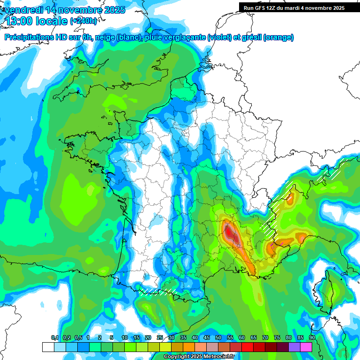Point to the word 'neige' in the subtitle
[x=105, y=37]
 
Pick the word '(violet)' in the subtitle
[x=219, y=37]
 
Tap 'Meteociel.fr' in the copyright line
[x=220, y=357]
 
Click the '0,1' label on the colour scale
[x=54, y=338]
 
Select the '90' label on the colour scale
[x=312, y=338]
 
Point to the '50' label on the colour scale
[x=218, y=338]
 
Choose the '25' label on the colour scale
[x=160, y=338]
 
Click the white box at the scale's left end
[x=48, y=347]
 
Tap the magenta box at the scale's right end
[x=306, y=347]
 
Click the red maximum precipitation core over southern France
[x=229, y=231]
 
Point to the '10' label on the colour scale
[x=125, y=338]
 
